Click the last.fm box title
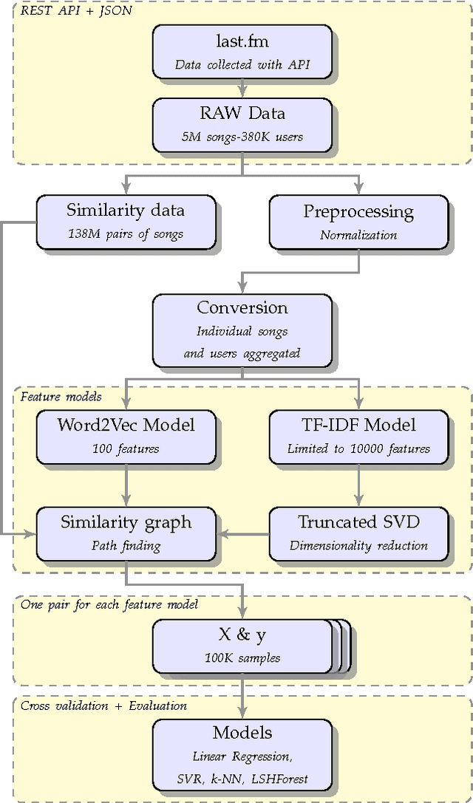pos(242,42)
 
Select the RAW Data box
pos(242,124)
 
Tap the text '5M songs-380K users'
pos(242,136)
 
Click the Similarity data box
pos(126,221)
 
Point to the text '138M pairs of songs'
pos(126,234)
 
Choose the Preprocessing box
pos(358,221)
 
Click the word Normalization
pos(358,235)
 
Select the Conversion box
pos(242,329)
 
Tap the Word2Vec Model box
pos(126,437)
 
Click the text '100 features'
pos(126,448)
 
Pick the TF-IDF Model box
pos(358,437)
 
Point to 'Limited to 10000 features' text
pos(358,448)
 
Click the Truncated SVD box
pos(358,533)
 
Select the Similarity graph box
pos(126,533)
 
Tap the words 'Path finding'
pos(126,546)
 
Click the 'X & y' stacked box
pos(242,646)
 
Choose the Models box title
pos(242,733)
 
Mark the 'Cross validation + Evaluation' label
pos(103,705)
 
